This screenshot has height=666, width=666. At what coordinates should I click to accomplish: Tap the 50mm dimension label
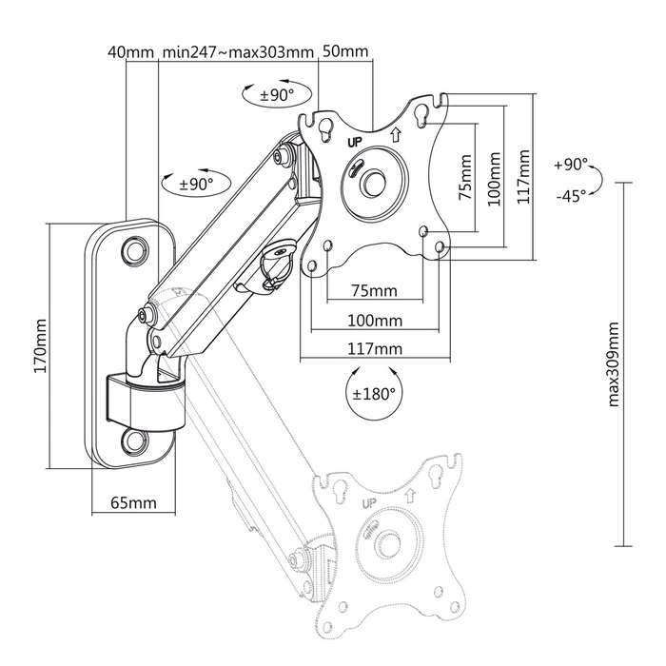pos(345,51)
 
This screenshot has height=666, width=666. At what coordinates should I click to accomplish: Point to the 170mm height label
pos(40,347)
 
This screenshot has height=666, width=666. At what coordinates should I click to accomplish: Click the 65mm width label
pos(132,501)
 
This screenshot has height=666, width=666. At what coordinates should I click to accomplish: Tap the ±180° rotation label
pos(373,393)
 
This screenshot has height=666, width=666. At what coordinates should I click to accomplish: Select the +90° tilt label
pos(571,165)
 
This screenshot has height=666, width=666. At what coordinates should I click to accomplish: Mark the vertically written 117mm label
pos(520,177)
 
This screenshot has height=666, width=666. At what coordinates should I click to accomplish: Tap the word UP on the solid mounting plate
pos(356,141)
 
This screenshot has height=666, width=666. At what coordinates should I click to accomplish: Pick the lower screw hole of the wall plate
pos(134,441)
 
